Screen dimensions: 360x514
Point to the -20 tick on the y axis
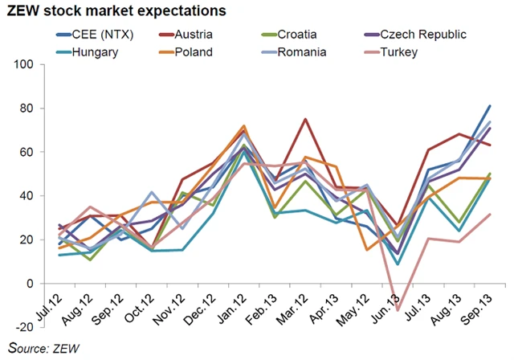click(x=35, y=327)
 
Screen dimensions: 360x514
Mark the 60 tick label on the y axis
click(x=38, y=152)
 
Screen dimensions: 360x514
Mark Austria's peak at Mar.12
click(x=305, y=119)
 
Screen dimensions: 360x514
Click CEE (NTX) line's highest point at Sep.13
click(x=489, y=106)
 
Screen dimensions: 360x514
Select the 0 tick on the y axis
click(x=42, y=284)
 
